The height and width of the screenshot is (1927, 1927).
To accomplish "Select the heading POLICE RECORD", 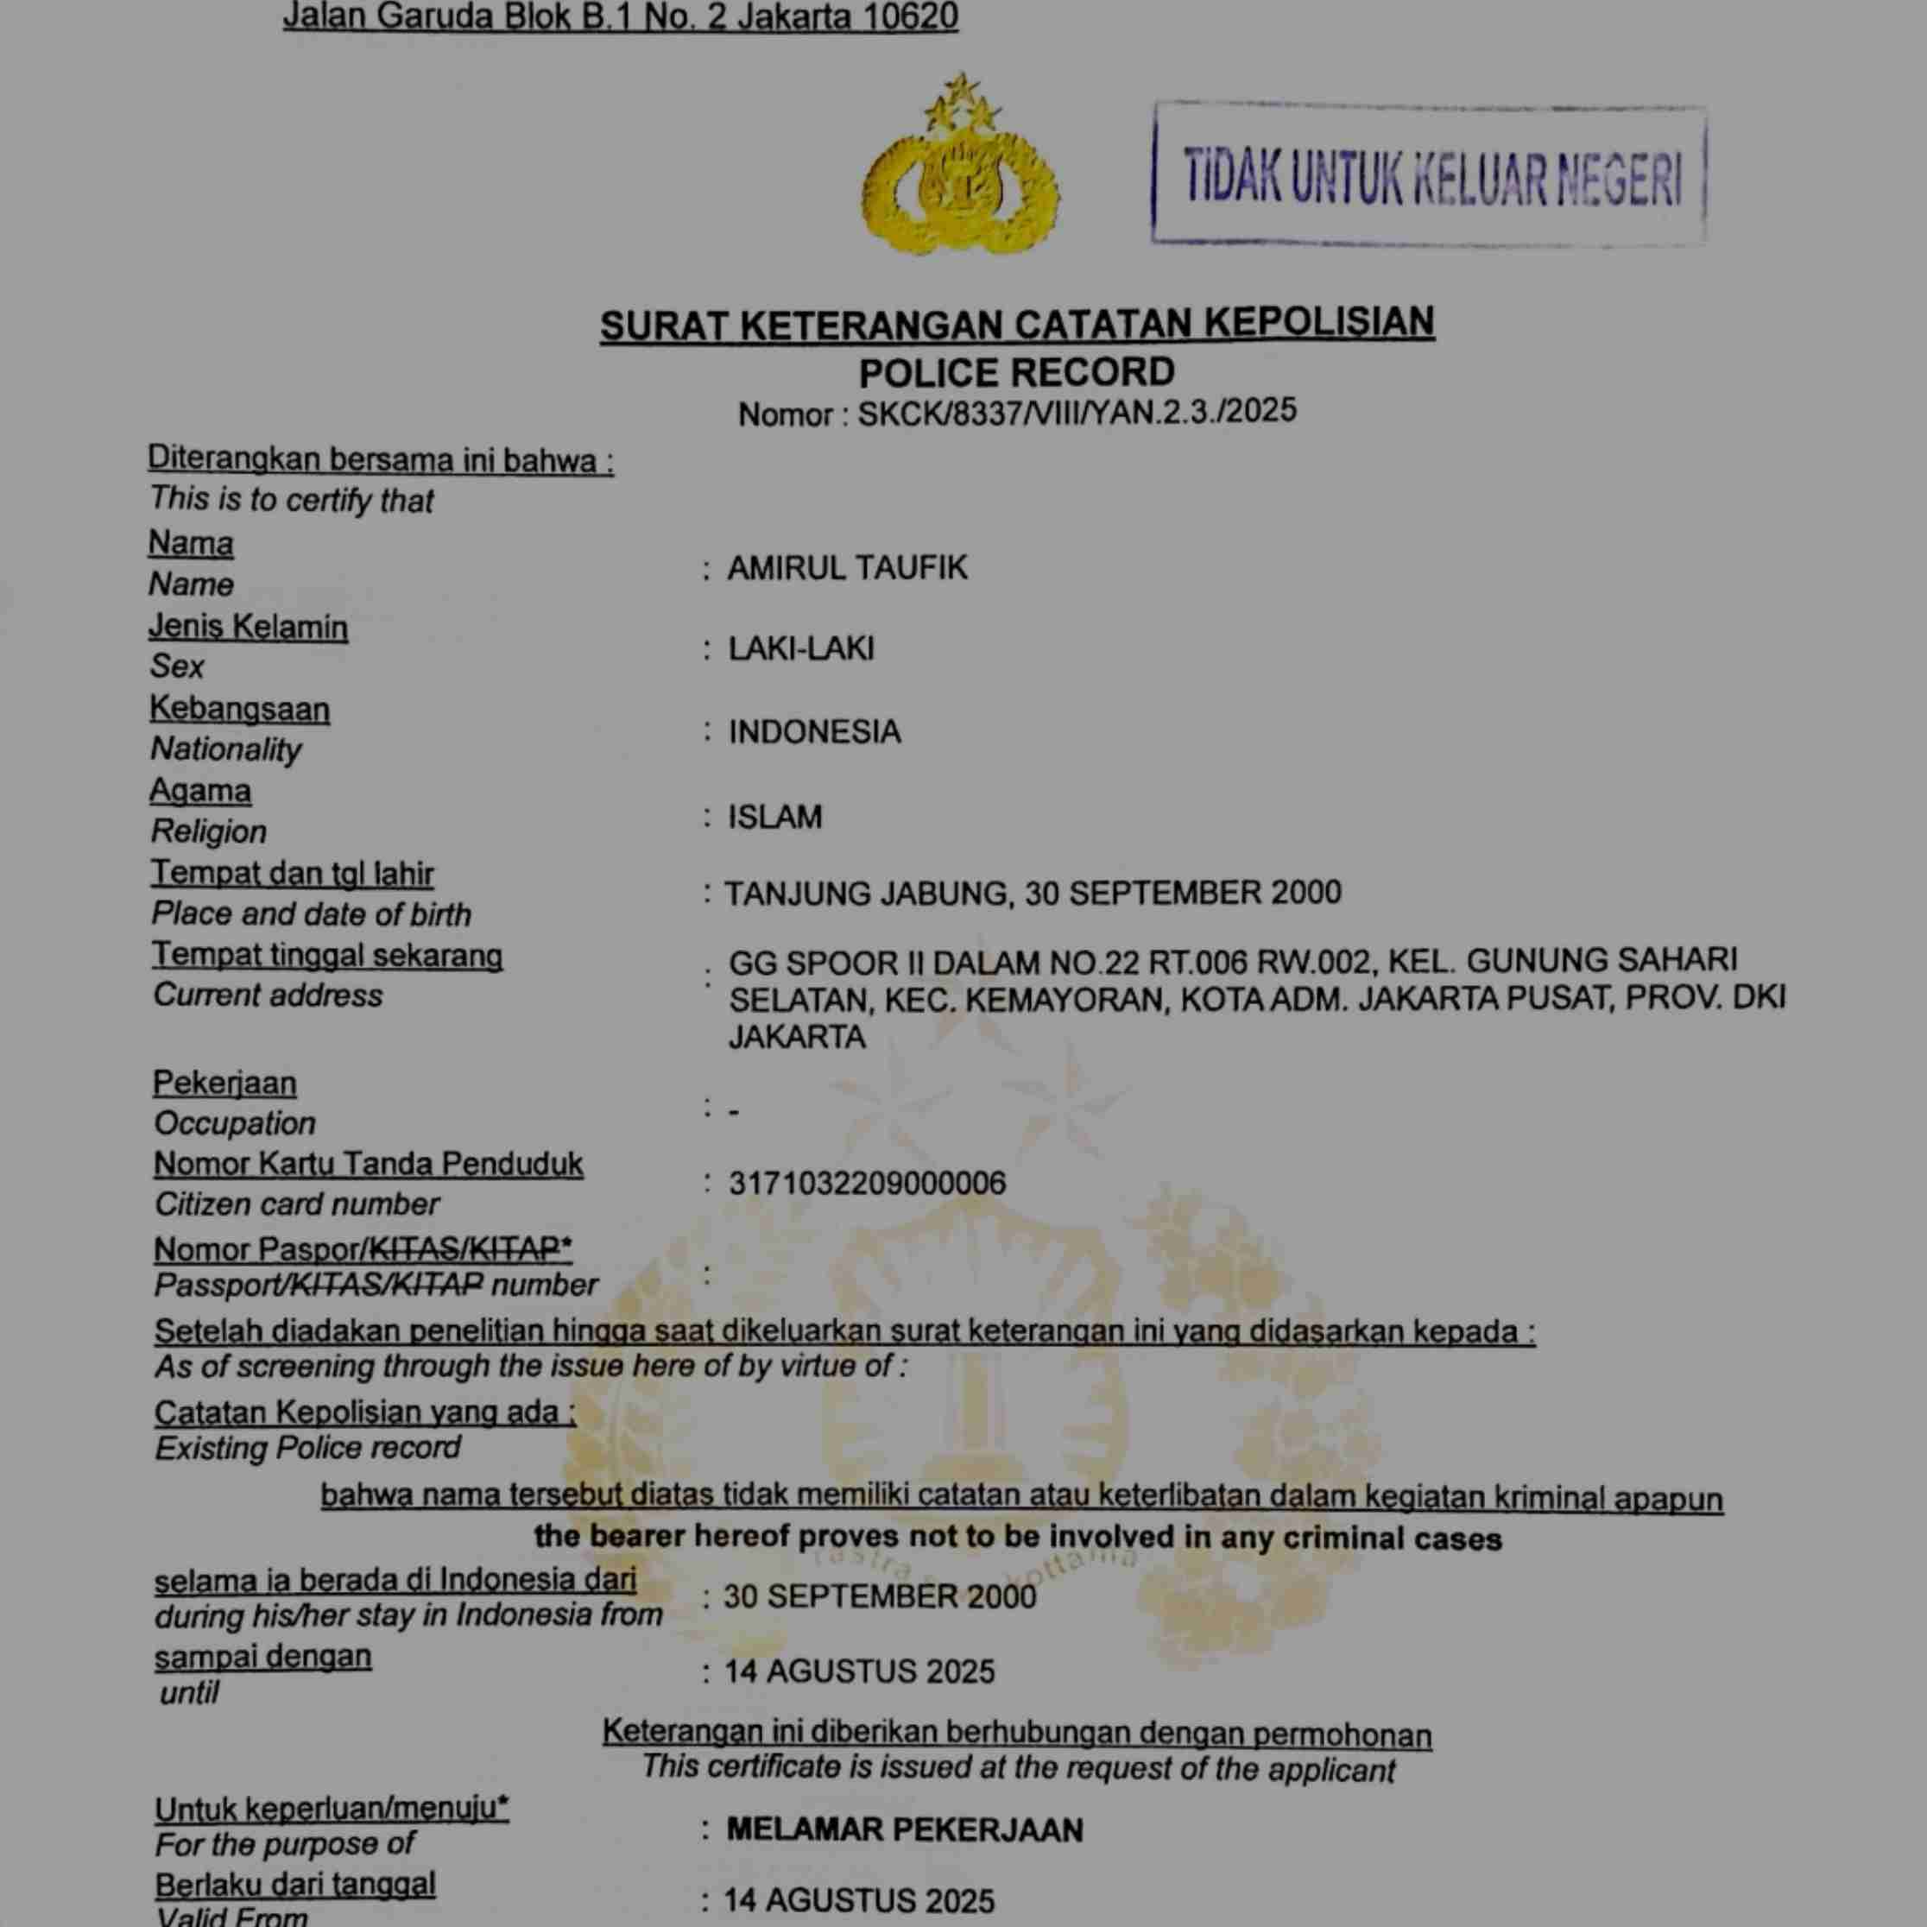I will pyautogui.click(x=1016, y=372).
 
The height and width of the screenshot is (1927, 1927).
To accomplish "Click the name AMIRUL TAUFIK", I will pyautogui.click(x=847, y=567).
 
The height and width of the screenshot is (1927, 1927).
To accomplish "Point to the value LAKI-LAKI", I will pyautogui.click(x=801, y=648).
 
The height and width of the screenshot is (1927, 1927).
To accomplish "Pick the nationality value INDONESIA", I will pyautogui.click(x=814, y=731).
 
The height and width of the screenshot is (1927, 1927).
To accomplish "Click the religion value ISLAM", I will pyautogui.click(x=775, y=816).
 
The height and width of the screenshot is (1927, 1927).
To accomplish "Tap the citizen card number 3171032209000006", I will pyautogui.click(x=867, y=1183).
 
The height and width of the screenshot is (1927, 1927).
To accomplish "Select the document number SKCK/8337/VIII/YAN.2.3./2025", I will pyautogui.click(x=1077, y=411).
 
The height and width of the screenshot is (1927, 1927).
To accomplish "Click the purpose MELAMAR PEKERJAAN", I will pyautogui.click(x=904, y=1829).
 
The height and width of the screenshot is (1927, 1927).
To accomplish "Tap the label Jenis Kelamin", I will pyautogui.click(x=249, y=627).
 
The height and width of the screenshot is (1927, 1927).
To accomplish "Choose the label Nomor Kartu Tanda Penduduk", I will pyautogui.click(x=368, y=1163).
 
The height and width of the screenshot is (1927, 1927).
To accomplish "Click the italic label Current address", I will pyautogui.click(x=268, y=995).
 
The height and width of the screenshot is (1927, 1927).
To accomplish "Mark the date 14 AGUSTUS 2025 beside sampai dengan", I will pyautogui.click(x=859, y=1671).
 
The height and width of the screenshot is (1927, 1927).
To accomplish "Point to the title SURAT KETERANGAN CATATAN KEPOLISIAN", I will pyautogui.click(x=1016, y=324).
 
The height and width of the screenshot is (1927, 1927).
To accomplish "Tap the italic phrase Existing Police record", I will pyautogui.click(x=307, y=1447).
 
